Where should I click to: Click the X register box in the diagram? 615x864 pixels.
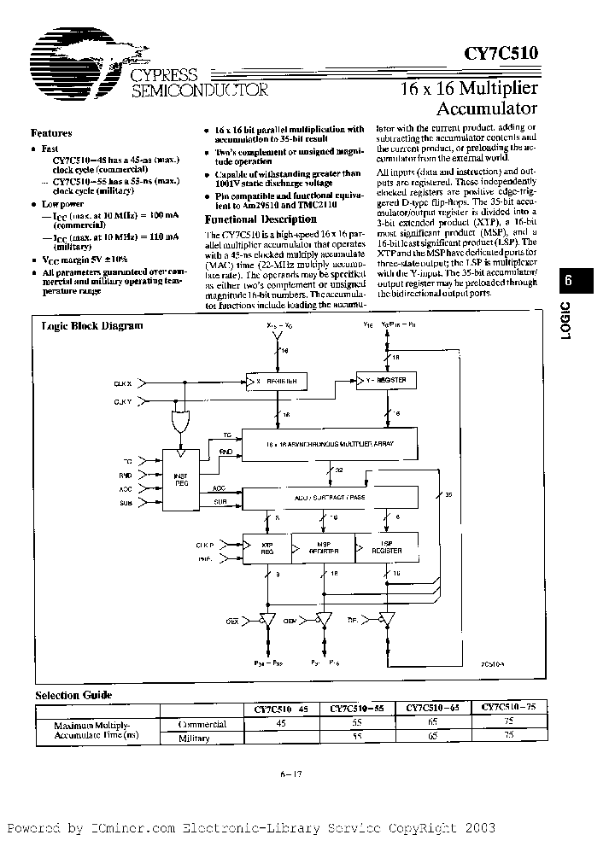275,379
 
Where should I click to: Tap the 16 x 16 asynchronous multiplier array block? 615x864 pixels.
331,445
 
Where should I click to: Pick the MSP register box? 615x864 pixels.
323,547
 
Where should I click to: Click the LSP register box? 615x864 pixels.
389,547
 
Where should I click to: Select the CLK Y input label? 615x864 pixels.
125,400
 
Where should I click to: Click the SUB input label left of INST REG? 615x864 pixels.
127,505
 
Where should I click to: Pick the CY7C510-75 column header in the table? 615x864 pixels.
508,708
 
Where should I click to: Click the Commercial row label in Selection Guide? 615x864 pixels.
202,724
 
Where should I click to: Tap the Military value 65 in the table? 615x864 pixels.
433,738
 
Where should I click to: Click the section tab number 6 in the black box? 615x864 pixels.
570,280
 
